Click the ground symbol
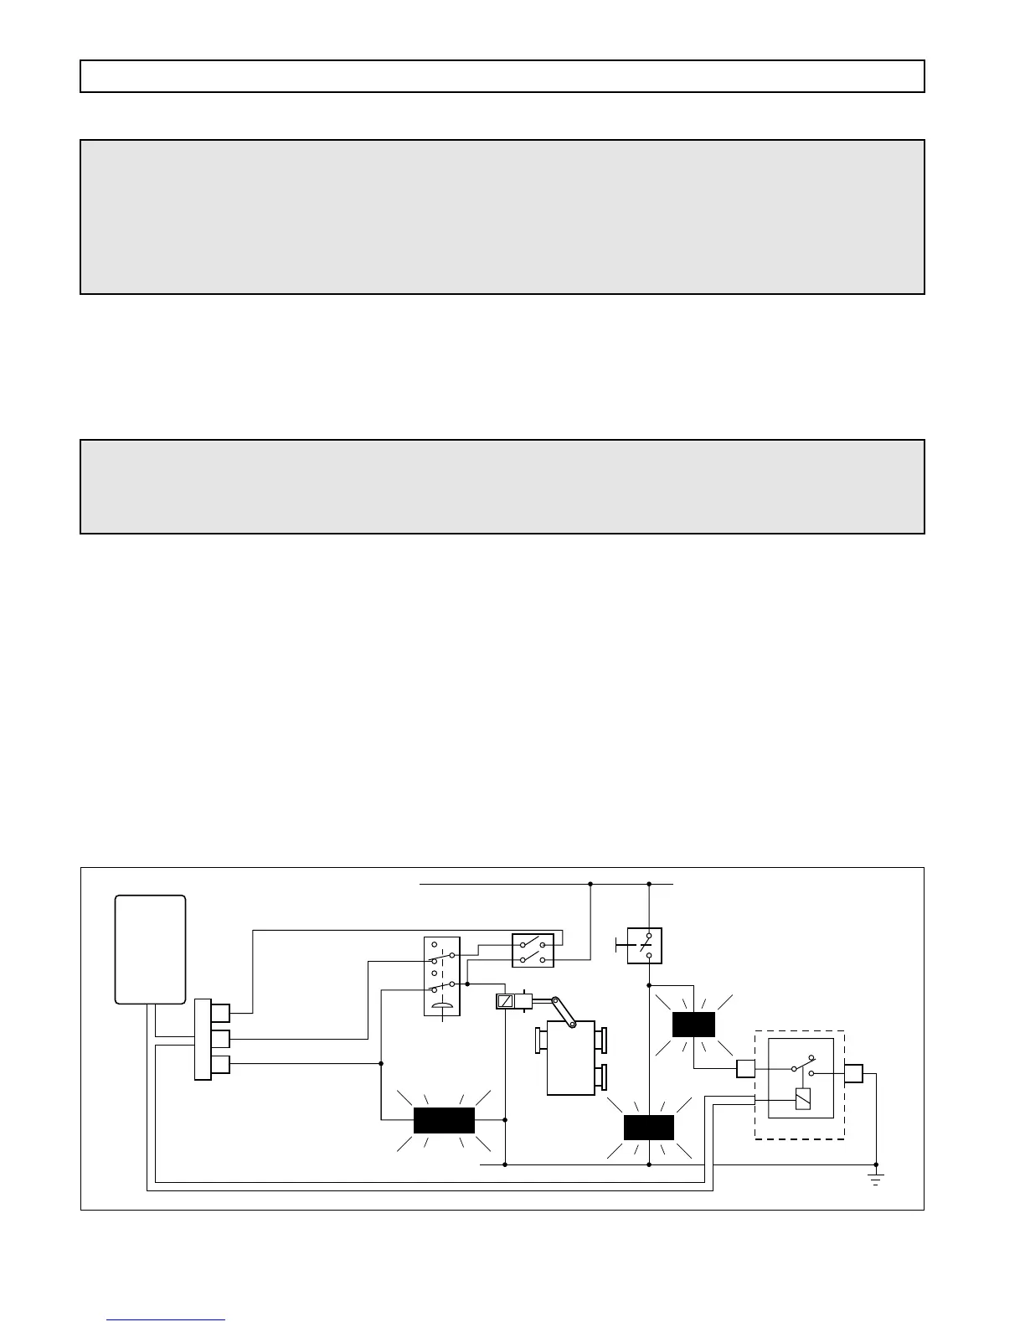point(876,1180)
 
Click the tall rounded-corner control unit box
point(150,949)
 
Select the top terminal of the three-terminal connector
point(220,1013)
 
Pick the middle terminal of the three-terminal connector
point(220,1039)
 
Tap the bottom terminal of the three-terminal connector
point(220,1065)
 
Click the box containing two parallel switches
point(533,951)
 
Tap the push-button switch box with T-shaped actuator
point(644,946)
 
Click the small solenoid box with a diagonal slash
point(505,1000)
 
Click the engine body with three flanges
point(571,1057)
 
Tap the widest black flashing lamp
point(444,1120)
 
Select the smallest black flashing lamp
point(693,1025)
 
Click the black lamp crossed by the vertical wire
point(649,1128)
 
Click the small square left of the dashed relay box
point(745,1068)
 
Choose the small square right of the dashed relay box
point(853,1073)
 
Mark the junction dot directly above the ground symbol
point(876,1164)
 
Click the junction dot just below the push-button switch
point(649,985)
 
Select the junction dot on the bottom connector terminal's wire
point(381,1064)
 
